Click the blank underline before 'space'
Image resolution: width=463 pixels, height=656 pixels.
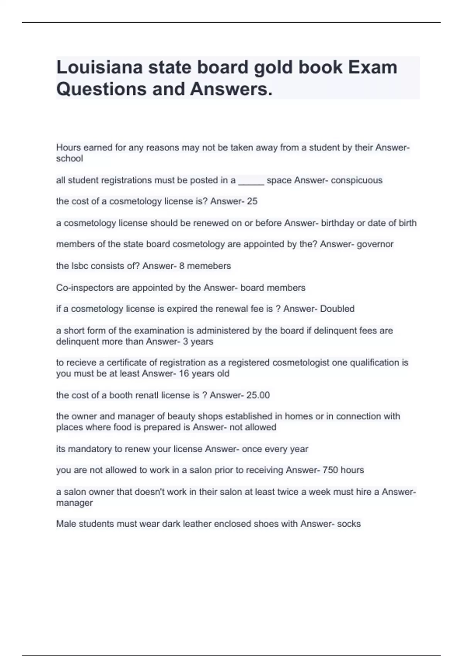tap(251, 180)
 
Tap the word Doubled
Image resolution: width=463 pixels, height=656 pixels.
tap(337, 309)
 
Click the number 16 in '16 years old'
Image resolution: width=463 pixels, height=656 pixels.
tap(184, 374)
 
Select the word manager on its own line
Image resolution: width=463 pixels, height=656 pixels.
tap(74, 503)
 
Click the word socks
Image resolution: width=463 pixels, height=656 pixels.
tap(349, 524)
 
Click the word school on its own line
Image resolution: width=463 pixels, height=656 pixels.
tap(69, 159)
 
